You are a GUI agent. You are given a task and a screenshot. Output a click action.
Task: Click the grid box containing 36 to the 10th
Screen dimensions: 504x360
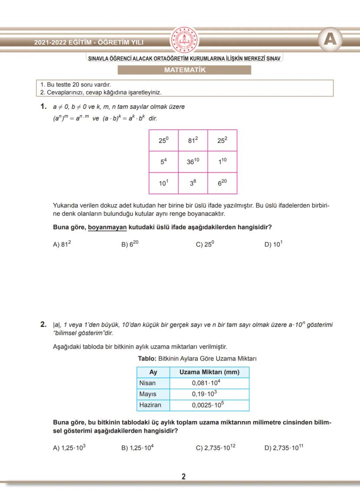coord(193,161)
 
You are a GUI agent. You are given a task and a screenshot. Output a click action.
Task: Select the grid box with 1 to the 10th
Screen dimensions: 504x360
coord(223,161)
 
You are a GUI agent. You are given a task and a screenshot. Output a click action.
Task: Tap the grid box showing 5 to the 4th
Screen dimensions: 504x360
coord(163,161)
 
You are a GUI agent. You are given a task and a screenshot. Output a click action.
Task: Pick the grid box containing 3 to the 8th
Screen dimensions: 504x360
coord(193,183)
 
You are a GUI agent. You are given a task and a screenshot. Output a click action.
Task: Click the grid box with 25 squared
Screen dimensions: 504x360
coord(223,140)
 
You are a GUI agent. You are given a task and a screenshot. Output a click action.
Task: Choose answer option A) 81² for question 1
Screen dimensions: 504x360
coord(62,244)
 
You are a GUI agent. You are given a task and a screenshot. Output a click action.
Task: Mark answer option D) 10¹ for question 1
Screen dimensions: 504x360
coord(273,244)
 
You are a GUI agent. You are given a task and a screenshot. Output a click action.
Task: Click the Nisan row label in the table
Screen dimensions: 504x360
coord(147,383)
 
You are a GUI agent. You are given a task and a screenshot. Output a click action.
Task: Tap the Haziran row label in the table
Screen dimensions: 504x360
coord(150,405)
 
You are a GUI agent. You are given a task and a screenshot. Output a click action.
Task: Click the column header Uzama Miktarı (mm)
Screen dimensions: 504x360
coord(209,372)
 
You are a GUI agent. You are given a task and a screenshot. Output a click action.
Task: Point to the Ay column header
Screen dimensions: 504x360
coord(153,372)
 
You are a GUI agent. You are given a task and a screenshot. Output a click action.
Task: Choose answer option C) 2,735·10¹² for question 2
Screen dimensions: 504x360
coord(215,448)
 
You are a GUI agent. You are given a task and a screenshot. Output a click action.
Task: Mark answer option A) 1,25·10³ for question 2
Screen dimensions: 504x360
coord(69,448)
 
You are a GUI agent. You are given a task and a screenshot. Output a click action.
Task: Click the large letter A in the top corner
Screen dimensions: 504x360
coord(330,40)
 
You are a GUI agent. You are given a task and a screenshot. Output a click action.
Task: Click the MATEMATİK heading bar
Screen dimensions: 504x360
coord(184,70)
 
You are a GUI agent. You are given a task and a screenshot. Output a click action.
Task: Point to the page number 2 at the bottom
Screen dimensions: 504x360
coord(183,477)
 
